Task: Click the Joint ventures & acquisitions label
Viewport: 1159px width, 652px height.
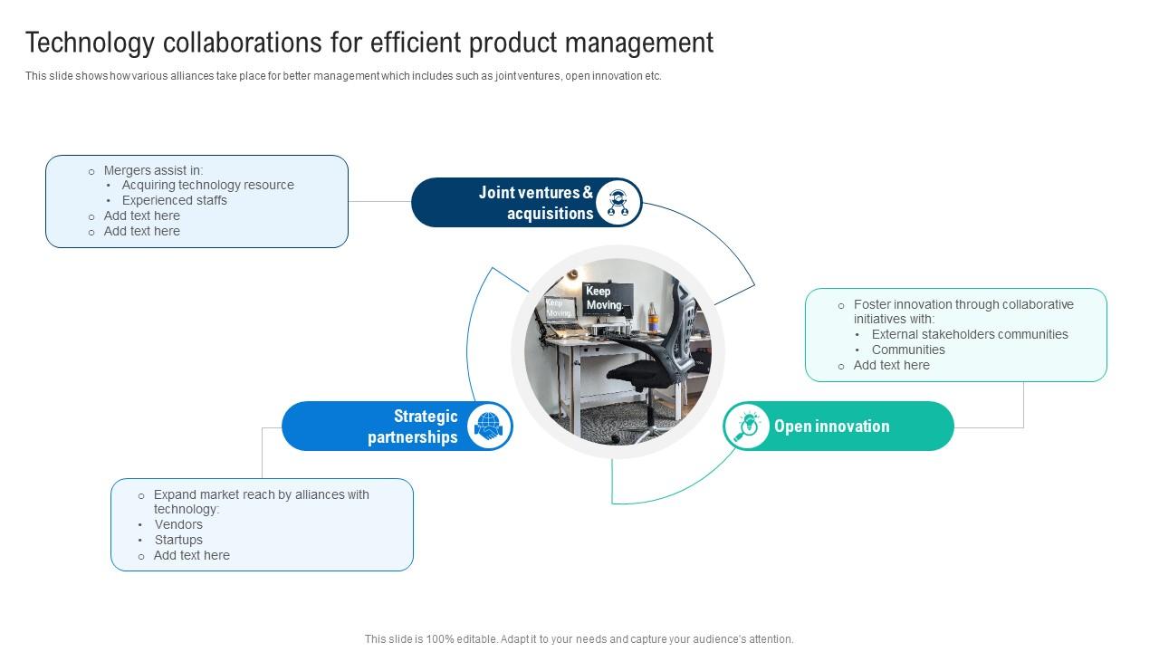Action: pos(536,203)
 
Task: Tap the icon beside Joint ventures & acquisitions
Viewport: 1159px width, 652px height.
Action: pos(618,203)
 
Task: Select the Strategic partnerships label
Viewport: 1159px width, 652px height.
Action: pos(413,427)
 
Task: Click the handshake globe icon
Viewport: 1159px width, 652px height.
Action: pos(489,427)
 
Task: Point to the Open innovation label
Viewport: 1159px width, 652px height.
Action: pos(831,427)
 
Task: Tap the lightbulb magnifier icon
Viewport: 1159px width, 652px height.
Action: pos(748,426)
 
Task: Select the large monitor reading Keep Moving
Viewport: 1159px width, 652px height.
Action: pos(605,298)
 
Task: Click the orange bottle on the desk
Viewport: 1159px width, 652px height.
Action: pos(651,318)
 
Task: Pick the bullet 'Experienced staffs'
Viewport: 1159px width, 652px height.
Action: pos(175,200)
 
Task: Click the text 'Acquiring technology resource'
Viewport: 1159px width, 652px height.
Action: pos(208,185)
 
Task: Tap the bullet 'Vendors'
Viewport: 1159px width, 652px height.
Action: pos(178,524)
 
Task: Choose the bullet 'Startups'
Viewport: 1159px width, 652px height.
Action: pos(178,540)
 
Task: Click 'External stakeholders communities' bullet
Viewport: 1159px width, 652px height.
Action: pos(970,334)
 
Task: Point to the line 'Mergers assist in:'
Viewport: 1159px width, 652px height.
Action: pos(153,170)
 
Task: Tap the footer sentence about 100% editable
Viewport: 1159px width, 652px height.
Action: pos(579,638)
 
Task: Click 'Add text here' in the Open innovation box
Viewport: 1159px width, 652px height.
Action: pos(891,365)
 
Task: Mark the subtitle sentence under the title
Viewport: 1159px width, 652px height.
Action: pos(343,76)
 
